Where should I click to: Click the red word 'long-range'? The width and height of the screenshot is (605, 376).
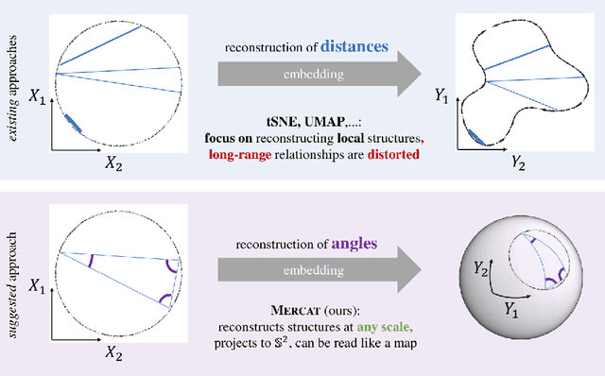pos(237,154)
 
